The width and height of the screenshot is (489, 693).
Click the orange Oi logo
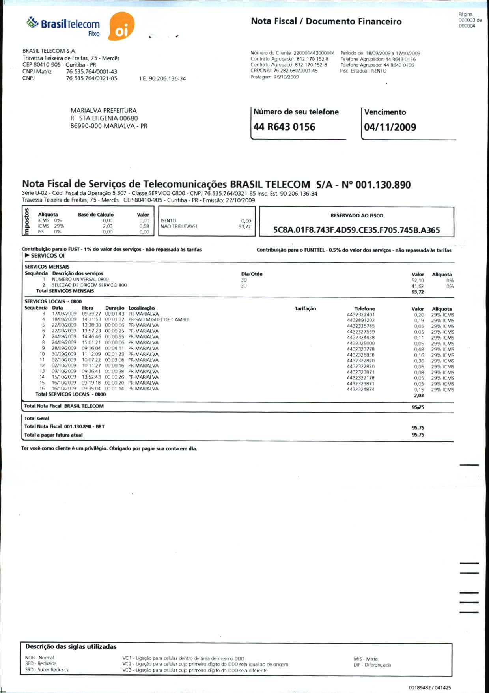click(x=121, y=27)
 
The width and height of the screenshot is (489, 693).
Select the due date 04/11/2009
click(x=390, y=127)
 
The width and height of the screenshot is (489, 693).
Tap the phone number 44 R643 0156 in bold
click(x=284, y=127)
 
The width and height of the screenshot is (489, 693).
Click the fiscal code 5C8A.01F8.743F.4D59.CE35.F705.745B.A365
click(x=356, y=230)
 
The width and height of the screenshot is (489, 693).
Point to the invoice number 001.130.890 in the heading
click(x=383, y=185)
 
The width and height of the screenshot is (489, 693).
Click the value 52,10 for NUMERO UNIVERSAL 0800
click(x=418, y=280)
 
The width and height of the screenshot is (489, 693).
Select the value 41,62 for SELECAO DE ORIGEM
click(x=418, y=286)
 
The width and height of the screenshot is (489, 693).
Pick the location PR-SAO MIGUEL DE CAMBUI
click(x=159, y=319)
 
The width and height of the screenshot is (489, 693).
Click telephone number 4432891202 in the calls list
click(x=360, y=320)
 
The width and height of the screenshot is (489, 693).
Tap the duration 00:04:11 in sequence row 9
click(x=114, y=348)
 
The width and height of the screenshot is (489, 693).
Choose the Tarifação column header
click(x=305, y=309)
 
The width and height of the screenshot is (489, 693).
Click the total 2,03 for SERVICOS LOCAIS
click(x=418, y=396)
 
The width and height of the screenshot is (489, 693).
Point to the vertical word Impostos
click(x=26, y=222)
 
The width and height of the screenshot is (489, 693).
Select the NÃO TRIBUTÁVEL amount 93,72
click(x=244, y=227)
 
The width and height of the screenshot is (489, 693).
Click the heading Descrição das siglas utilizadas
click(x=71, y=647)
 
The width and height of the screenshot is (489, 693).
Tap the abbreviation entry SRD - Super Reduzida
click(x=47, y=670)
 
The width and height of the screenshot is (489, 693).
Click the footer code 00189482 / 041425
click(x=429, y=687)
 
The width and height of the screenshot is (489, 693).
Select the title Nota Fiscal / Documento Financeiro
click(x=326, y=21)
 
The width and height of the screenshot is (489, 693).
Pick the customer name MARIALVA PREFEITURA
click(x=103, y=111)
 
